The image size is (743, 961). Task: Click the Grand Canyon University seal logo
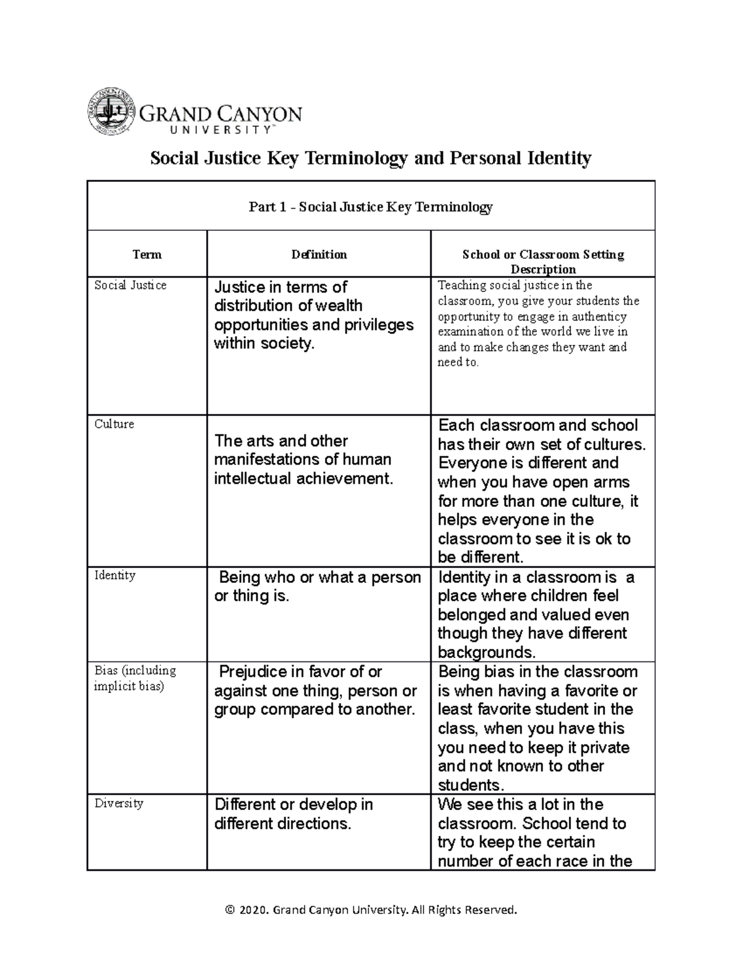111,111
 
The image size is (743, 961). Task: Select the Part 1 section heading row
370,207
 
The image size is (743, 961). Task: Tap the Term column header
147,254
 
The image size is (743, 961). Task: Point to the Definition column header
319,254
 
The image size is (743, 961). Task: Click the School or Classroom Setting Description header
542,261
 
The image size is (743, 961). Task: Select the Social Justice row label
130,285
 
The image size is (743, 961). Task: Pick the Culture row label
114,424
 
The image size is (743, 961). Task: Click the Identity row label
115,575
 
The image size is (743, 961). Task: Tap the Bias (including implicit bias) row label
134,678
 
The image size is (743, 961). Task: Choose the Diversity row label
118,803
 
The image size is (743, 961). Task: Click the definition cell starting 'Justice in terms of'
313,315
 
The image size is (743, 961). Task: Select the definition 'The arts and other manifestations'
303,459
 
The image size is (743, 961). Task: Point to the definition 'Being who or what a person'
316,587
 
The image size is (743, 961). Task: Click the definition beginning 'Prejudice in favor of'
315,691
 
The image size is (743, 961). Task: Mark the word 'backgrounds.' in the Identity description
486,652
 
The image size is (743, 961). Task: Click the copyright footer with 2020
370,910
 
